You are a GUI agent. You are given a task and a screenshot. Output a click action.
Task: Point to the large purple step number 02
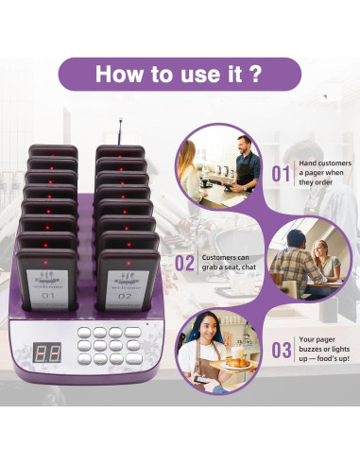pos(185,263)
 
